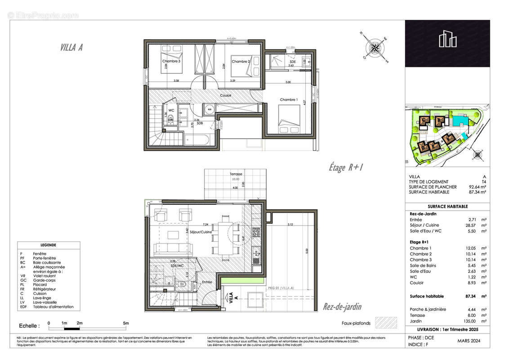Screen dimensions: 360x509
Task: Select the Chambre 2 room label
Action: click(x=241, y=62)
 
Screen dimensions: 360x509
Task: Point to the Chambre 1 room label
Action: click(x=289, y=99)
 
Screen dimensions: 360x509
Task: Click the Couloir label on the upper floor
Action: click(x=226, y=95)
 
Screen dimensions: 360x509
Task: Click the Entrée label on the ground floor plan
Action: click(x=207, y=282)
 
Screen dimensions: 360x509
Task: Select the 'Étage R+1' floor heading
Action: click(x=345, y=167)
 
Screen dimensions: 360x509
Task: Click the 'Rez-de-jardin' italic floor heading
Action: click(x=342, y=307)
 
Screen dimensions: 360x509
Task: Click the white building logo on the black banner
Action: click(x=448, y=39)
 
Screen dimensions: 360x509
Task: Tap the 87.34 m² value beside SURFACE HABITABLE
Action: click(x=478, y=192)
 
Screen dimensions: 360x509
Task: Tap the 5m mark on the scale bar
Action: click(x=126, y=323)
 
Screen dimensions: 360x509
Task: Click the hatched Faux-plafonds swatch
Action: click(x=387, y=323)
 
